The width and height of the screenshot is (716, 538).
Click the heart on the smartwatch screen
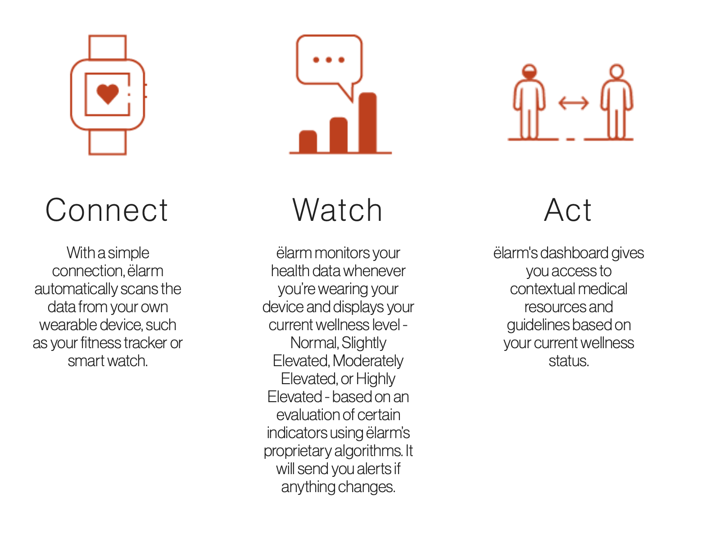[108, 94]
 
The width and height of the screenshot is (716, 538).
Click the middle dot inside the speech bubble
[329, 60]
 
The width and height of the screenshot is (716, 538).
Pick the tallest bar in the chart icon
[367, 122]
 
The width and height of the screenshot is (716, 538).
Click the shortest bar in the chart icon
[308, 141]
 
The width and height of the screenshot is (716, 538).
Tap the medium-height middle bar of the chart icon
[339, 135]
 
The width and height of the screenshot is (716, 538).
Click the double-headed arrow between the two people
[573, 103]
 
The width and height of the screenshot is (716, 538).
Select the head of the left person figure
[529, 72]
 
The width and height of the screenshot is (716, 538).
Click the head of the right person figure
[616, 72]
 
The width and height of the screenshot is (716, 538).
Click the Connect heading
[107, 210]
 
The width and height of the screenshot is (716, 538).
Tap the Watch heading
[337, 210]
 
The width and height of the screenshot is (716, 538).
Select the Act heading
[568, 210]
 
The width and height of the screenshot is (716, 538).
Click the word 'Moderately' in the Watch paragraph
[368, 361]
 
